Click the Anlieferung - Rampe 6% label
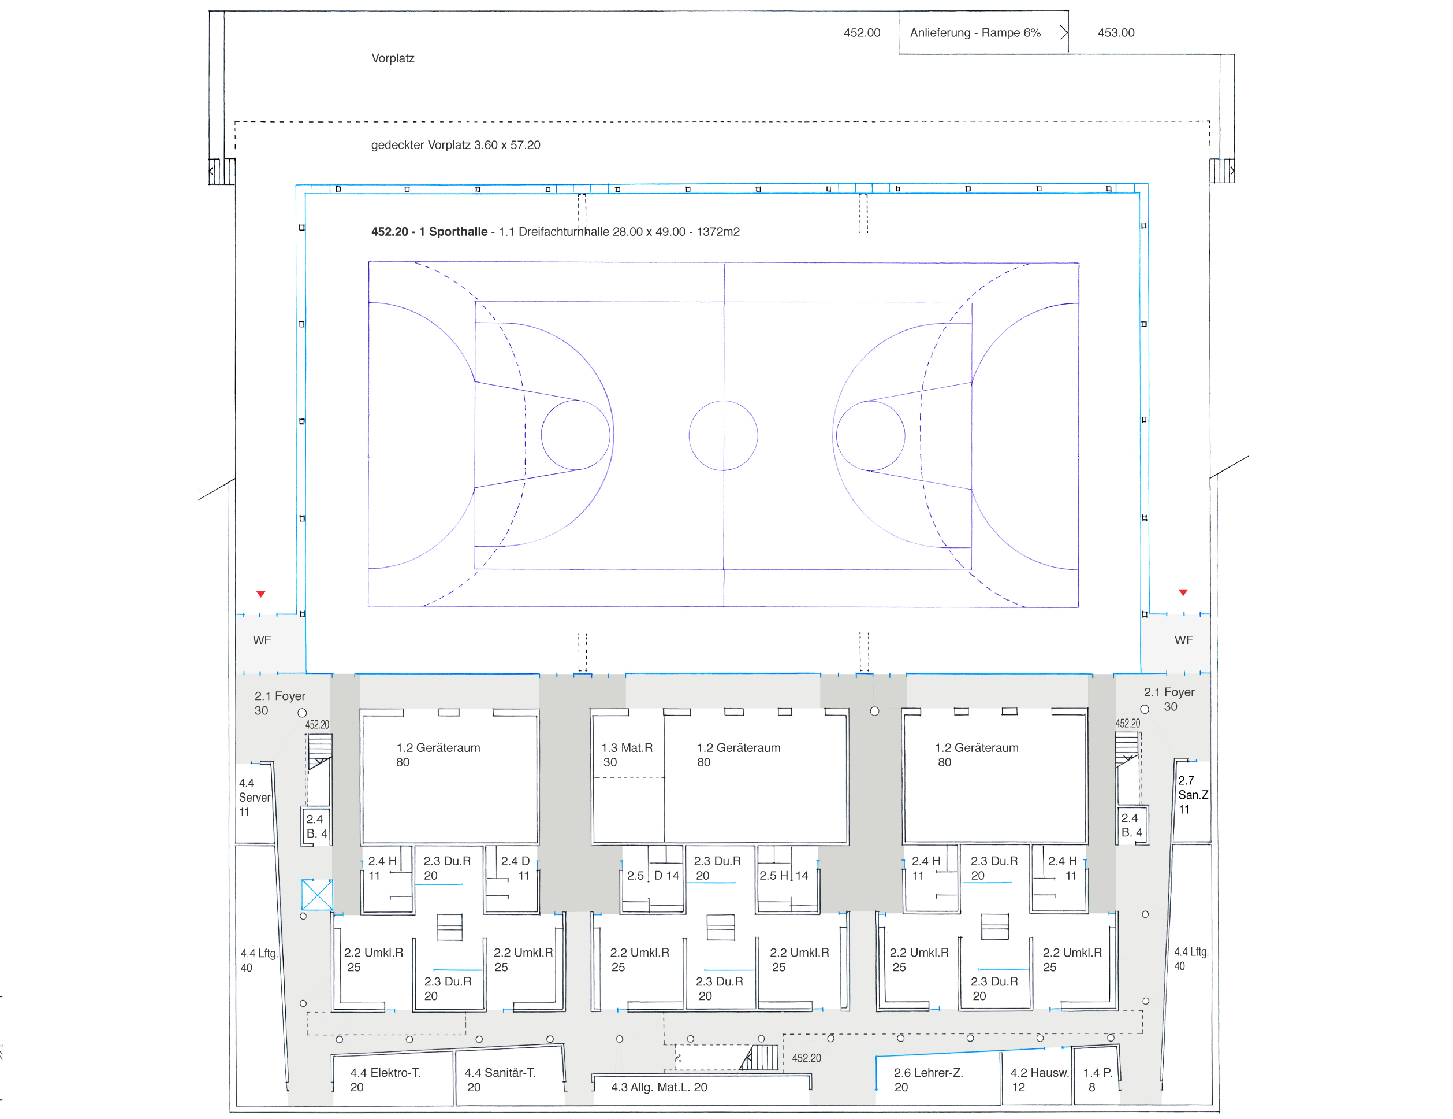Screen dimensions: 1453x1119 click(x=975, y=32)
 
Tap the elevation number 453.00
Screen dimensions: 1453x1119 click(x=1116, y=32)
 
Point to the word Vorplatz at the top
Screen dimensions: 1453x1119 click(x=393, y=58)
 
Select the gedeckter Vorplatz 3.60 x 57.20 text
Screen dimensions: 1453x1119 click(x=456, y=145)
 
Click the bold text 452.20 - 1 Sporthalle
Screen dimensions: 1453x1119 click(x=429, y=232)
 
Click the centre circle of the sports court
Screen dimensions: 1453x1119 click(x=723, y=435)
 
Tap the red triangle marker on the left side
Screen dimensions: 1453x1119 click(x=261, y=594)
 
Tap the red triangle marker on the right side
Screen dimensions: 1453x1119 click(x=1183, y=592)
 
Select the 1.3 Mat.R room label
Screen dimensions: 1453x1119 click(x=627, y=755)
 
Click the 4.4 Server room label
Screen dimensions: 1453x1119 click(x=255, y=798)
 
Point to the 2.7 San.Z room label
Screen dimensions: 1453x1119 click(x=1193, y=795)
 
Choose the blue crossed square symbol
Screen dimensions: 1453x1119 click(x=318, y=895)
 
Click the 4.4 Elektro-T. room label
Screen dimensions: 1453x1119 click(x=385, y=1080)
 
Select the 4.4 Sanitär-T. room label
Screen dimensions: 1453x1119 click(x=500, y=1080)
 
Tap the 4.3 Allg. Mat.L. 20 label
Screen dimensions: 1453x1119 click(x=658, y=1087)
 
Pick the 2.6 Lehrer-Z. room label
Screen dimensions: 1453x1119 click(x=928, y=1080)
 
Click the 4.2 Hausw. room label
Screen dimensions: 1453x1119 click(x=1039, y=1080)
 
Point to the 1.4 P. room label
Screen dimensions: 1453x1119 click(x=1098, y=1080)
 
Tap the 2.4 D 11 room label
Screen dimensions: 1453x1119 click(x=516, y=868)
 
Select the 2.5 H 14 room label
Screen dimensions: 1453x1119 click(x=784, y=875)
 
